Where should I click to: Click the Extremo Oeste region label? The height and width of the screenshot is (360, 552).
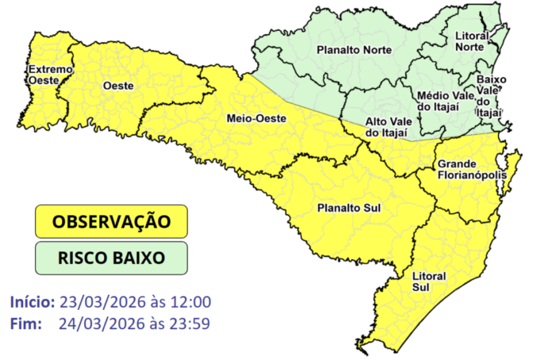pos(51,75)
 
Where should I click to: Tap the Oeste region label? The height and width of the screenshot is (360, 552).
pos(117,85)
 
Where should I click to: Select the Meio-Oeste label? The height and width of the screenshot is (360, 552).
pos(257,119)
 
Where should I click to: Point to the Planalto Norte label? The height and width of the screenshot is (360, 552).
pos(347,50)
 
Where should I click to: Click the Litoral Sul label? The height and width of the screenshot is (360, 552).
pos(429,281)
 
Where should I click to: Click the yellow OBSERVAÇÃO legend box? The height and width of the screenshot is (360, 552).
pos(111,221)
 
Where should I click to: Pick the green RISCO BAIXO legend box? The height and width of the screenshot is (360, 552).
pos(111,258)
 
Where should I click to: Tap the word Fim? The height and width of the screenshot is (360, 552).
pos(25,323)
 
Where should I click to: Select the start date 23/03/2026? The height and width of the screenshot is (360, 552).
pos(100,302)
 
